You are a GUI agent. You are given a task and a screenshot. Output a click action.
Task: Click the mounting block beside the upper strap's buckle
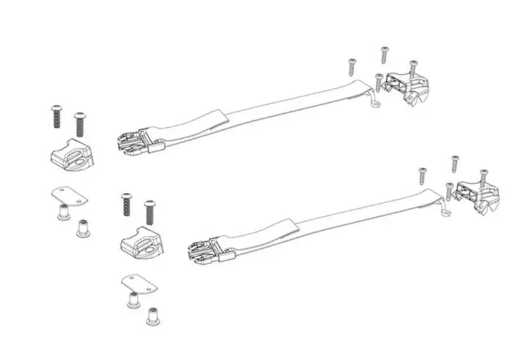(x=71, y=154)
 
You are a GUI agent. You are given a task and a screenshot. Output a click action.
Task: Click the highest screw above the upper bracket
(x=384, y=55)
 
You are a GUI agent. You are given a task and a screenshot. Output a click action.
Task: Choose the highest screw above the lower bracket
(x=455, y=163)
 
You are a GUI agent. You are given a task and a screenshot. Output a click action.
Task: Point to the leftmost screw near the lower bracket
(x=423, y=175)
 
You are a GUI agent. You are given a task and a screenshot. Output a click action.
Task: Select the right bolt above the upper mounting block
(x=80, y=123)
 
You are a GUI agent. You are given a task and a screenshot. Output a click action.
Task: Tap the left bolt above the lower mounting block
(x=126, y=204)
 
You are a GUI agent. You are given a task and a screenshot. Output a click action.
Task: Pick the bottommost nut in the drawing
(x=153, y=316)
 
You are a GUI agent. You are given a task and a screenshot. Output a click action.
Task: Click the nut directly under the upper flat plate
(x=64, y=212)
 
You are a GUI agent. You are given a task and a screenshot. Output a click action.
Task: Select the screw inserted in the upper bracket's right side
(x=413, y=68)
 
